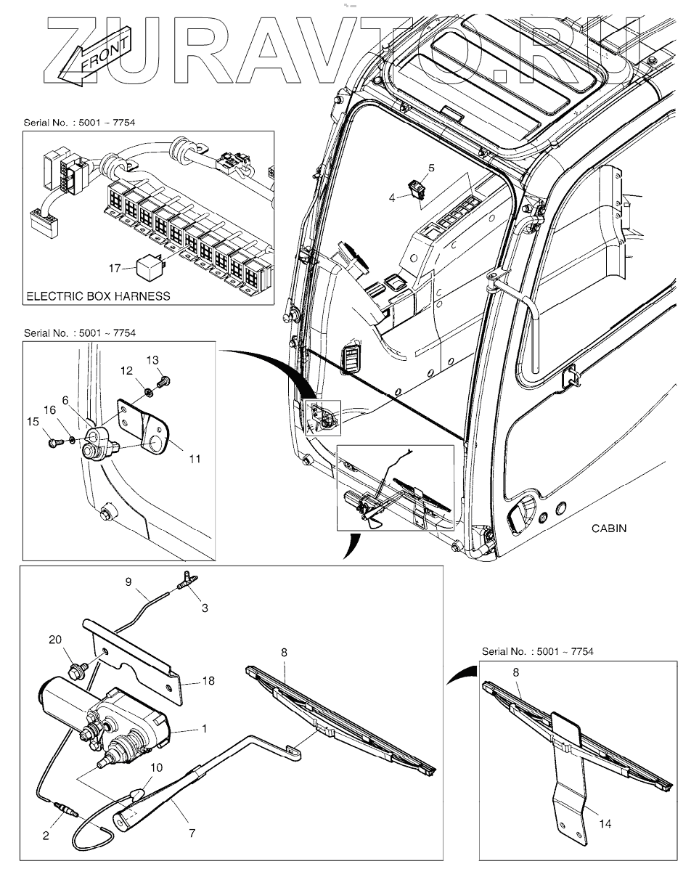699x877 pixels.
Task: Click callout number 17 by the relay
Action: [115, 269]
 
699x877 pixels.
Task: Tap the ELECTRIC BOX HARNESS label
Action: [98, 296]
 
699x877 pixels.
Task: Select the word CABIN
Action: [608, 529]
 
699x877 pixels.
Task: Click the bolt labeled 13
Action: [163, 378]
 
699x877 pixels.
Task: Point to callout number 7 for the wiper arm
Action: [192, 833]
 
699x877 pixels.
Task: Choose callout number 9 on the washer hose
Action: [128, 581]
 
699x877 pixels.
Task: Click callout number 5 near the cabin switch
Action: [430, 168]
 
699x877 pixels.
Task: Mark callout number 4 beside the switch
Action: [393, 196]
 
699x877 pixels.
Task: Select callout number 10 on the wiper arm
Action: [157, 767]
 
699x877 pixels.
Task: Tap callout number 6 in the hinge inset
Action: [65, 400]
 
